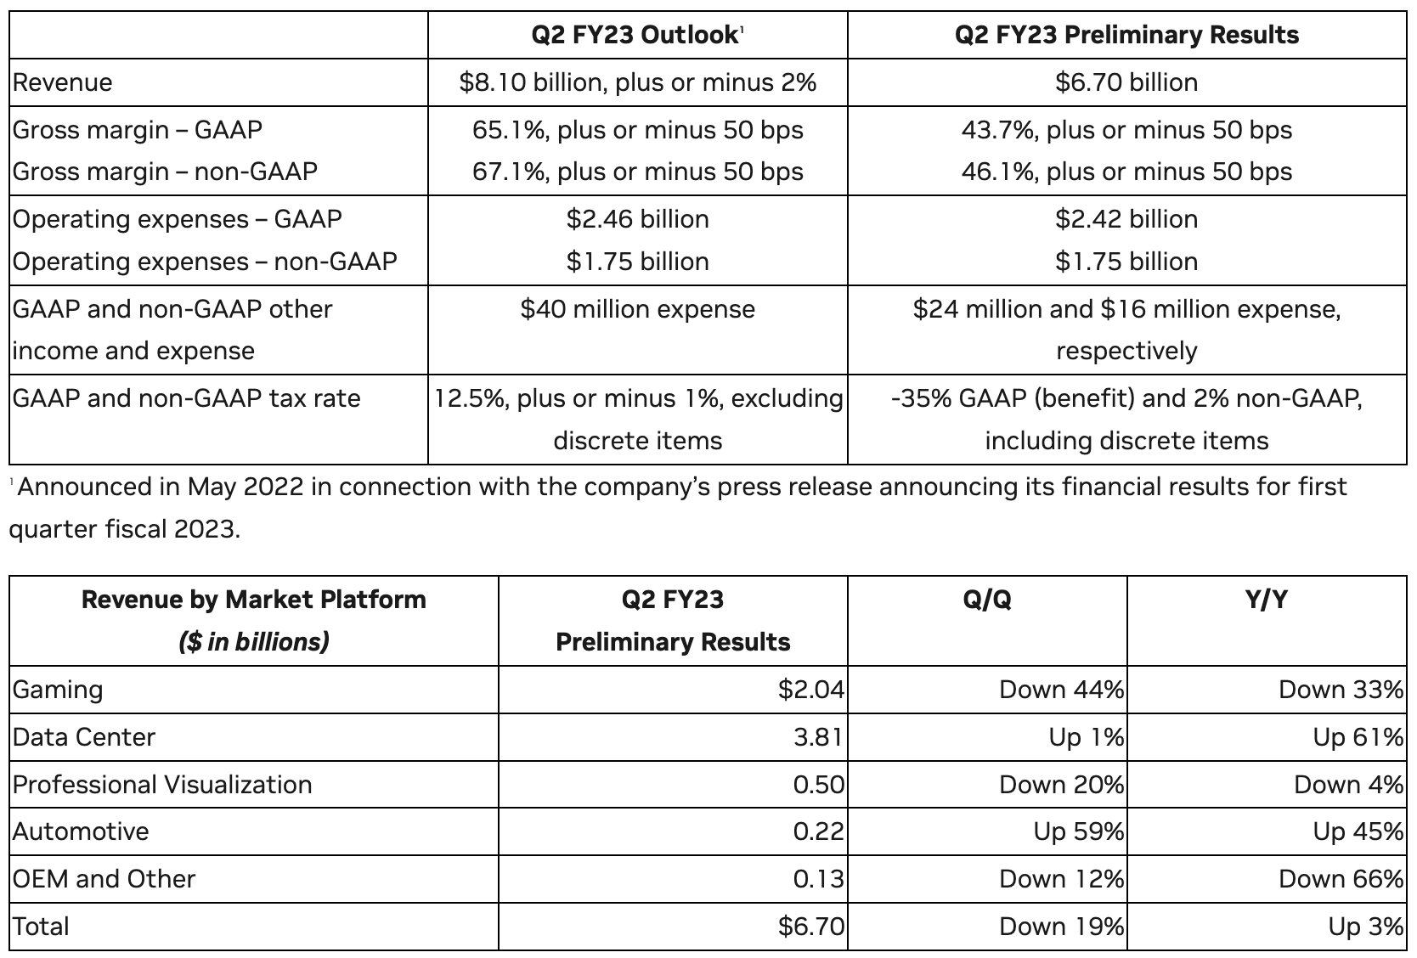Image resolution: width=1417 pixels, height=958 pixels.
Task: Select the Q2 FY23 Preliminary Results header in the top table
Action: pyautogui.click(x=1126, y=35)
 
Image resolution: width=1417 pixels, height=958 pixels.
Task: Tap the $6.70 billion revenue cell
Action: pyautogui.click(x=1126, y=82)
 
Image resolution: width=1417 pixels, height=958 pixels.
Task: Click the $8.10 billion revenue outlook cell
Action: pyautogui.click(x=638, y=82)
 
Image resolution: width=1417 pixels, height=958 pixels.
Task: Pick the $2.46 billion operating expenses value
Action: pyautogui.click(x=638, y=219)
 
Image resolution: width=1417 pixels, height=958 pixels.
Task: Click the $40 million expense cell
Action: pyautogui.click(x=638, y=309)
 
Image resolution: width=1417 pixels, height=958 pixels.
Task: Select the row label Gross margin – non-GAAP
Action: pyautogui.click(x=165, y=172)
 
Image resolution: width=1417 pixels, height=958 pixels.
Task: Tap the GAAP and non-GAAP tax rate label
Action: pyautogui.click(x=186, y=398)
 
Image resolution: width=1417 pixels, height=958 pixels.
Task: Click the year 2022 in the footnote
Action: pyautogui.click(x=274, y=487)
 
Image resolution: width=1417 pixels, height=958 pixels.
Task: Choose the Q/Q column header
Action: pyautogui.click(x=987, y=600)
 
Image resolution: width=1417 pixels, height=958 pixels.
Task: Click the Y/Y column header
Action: pyautogui.click(x=1267, y=600)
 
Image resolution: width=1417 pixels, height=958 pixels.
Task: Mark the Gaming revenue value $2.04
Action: pyautogui.click(x=811, y=690)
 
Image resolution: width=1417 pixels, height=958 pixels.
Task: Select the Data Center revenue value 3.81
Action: pyautogui.click(x=819, y=736)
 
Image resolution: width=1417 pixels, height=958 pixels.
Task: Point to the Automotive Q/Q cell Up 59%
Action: pyautogui.click(x=1079, y=831)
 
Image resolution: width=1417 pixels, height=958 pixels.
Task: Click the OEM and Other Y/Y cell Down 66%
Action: pyautogui.click(x=1341, y=879)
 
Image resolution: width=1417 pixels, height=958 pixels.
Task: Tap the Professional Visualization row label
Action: pyautogui.click(x=162, y=784)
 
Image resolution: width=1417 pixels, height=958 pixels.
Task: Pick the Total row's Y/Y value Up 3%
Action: pyautogui.click(x=1366, y=927)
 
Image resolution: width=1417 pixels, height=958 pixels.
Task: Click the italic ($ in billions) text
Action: pyautogui.click(x=254, y=642)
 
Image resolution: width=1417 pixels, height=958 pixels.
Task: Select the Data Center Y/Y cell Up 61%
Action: pyautogui.click(x=1358, y=736)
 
